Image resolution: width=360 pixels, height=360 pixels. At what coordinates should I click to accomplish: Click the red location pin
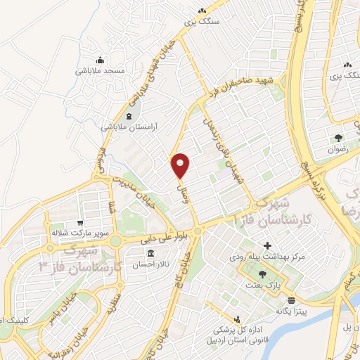click(x=181, y=164)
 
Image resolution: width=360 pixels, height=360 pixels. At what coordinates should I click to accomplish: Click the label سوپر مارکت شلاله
click(x=79, y=231)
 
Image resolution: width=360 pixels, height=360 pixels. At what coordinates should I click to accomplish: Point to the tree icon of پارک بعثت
click(x=262, y=274)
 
